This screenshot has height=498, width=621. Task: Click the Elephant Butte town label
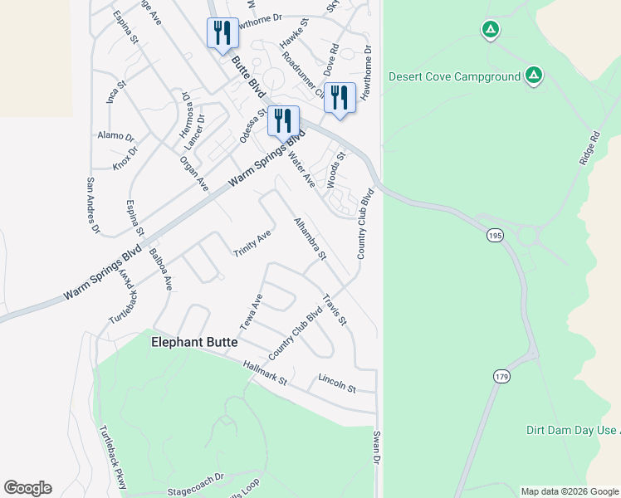pyautogui.click(x=194, y=342)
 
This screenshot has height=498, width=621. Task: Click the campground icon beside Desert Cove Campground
pyautogui.click(x=534, y=76)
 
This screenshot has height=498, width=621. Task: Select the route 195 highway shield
pyautogui.click(x=496, y=237)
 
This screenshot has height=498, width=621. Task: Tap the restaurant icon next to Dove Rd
pyautogui.click(x=340, y=97)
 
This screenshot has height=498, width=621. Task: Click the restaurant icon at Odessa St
pyautogui.click(x=283, y=121)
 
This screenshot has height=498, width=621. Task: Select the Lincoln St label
pyautogui.click(x=336, y=383)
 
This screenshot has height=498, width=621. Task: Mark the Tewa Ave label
pyautogui.click(x=251, y=310)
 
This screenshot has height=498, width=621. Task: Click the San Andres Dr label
pyautogui.click(x=92, y=205)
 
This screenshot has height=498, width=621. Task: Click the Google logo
pyautogui.click(x=27, y=488)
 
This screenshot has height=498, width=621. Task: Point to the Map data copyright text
pyautogui.click(x=569, y=491)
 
